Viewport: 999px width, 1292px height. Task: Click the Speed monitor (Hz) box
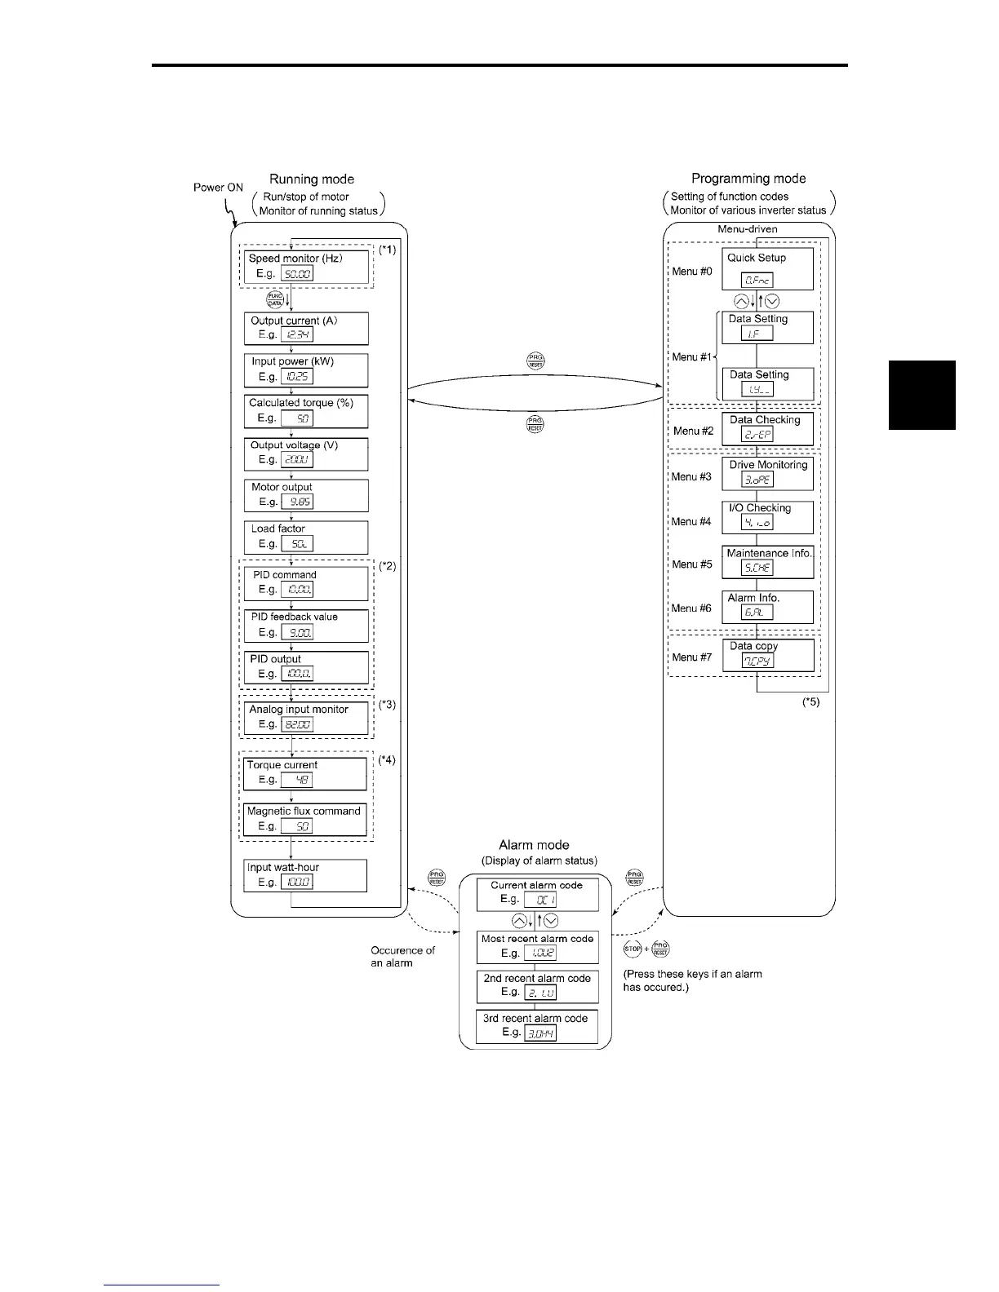[x=306, y=267]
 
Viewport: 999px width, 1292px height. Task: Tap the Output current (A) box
[x=306, y=328]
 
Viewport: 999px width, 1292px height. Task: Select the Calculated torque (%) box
[x=306, y=411]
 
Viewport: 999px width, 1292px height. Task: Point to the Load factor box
[x=306, y=537]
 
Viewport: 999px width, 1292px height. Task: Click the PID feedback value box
[x=306, y=625]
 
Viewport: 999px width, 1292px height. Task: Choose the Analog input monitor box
[x=306, y=717]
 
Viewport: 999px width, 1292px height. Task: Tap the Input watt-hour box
[x=305, y=875]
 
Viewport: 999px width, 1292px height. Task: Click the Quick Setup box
[x=767, y=269]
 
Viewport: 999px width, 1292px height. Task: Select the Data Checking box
[x=767, y=428]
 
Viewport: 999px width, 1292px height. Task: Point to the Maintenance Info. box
[x=768, y=561]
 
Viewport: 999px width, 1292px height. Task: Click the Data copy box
[x=768, y=654]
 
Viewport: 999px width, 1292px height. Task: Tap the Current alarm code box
[x=537, y=893]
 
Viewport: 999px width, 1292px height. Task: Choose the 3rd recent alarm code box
[x=537, y=1026]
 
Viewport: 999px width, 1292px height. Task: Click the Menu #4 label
[x=691, y=521]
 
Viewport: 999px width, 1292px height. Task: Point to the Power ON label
[x=218, y=188]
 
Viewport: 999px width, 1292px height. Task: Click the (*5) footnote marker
[x=810, y=701]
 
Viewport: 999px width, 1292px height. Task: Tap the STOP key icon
[x=633, y=949]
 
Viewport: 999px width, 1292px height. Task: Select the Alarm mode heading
[x=534, y=845]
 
